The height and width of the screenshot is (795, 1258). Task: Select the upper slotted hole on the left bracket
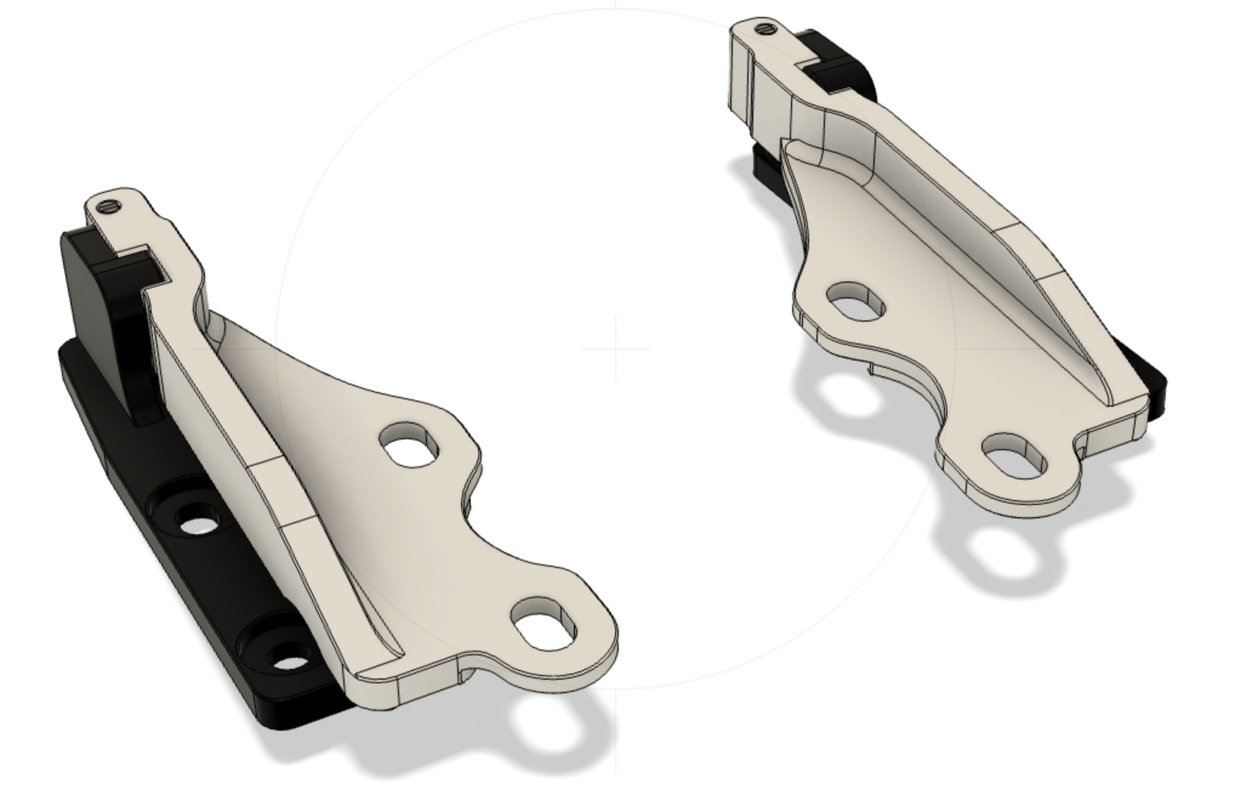pyautogui.click(x=409, y=445)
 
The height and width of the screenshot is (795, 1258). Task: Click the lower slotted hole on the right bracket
pyautogui.click(x=1014, y=455)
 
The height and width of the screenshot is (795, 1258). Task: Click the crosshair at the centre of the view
pyautogui.click(x=616, y=348)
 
